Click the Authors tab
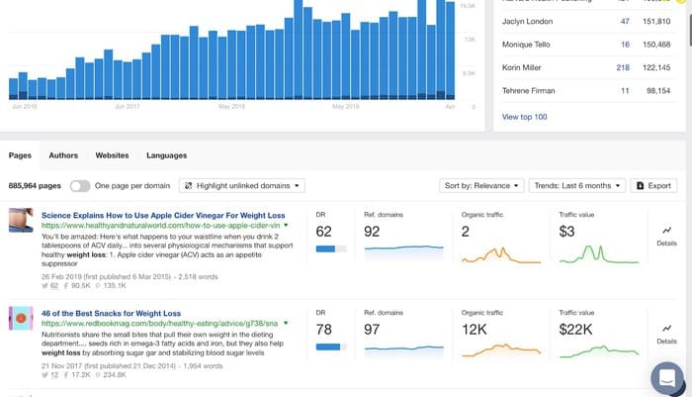63,155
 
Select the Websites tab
112,155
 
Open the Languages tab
166,155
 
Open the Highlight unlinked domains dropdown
242,185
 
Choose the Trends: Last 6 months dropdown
577,185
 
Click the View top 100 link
525,117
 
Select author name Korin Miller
526,67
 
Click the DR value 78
324,328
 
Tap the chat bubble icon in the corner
668,378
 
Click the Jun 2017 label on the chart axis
127,105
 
